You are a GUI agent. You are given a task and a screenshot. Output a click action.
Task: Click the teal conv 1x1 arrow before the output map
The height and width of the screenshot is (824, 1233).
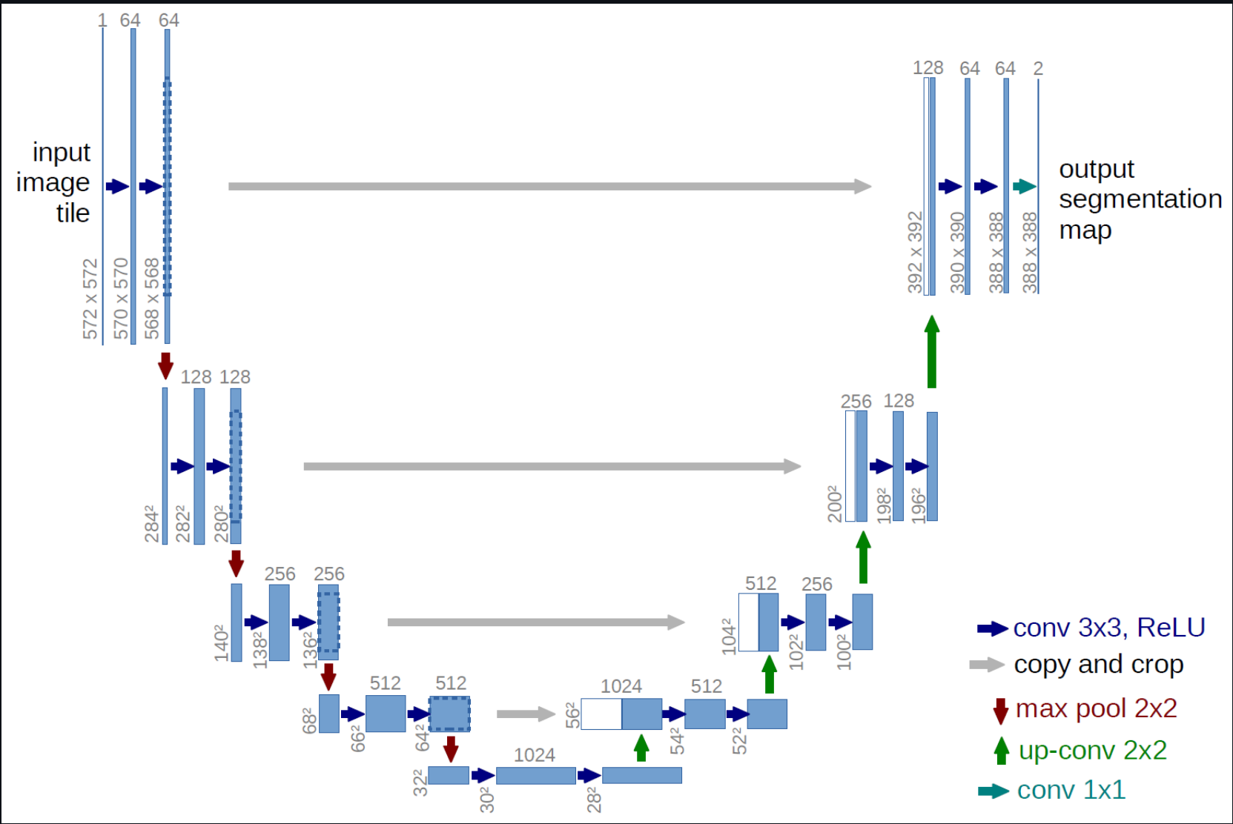pyautogui.click(x=1024, y=187)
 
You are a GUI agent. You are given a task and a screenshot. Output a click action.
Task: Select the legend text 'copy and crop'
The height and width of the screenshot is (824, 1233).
pyautogui.click(x=1098, y=665)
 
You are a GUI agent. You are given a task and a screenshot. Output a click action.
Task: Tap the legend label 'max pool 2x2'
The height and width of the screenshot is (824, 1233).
pyautogui.click(x=1096, y=708)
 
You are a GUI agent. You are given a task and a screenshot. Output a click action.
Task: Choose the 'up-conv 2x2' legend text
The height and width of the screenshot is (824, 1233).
pyautogui.click(x=1092, y=750)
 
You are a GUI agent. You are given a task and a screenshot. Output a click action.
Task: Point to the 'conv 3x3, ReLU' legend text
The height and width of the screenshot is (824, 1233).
pyautogui.click(x=1108, y=628)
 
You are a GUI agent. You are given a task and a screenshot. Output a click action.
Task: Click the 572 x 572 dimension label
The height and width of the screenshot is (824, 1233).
pyautogui.click(x=90, y=299)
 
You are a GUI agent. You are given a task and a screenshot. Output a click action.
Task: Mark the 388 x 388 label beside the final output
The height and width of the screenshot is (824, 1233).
pyautogui.click(x=1030, y=252)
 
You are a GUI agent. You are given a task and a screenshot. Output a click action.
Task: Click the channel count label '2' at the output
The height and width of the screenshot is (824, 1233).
pyautogui.click(x=1038, y=68)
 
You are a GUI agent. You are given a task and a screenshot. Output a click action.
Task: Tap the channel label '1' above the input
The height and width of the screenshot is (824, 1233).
pyautogui.click(x=102, y=20)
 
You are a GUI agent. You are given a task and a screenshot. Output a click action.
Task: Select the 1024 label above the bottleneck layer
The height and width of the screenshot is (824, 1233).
pyautogui.click(x=534, y=754)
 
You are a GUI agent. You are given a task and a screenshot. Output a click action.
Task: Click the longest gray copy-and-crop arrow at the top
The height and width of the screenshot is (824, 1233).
pyautogui.click(x=549, y=186)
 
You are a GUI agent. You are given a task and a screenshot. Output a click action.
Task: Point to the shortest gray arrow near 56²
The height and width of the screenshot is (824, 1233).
pyautogui.click(x=526, y=714)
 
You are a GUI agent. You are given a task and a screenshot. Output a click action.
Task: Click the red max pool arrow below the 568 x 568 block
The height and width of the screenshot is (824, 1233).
pyautogui.click(x=166, y=365)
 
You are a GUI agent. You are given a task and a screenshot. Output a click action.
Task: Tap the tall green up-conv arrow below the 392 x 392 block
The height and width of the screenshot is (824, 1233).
pyautogui.click(x=932, y=351)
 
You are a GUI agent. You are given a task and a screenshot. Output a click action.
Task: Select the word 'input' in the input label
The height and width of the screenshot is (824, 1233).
pyautogui.click(x=62, y=152)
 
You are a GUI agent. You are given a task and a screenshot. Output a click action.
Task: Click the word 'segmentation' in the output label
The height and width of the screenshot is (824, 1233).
pyautogui.click(x=1140, y=199)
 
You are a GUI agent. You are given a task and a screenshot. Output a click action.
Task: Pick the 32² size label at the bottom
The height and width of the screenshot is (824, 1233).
pyautogui.click(x=420, y=783)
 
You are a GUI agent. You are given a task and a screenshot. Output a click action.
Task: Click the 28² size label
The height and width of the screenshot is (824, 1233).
pyautogui.click(x=594, y=800)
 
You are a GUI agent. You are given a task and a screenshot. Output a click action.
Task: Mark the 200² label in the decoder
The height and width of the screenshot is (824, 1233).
pyautogui.click(x=835, y=504)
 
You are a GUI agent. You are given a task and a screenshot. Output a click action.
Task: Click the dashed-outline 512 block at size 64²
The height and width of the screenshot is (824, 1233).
pyautogui.click(x=449, y=714)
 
